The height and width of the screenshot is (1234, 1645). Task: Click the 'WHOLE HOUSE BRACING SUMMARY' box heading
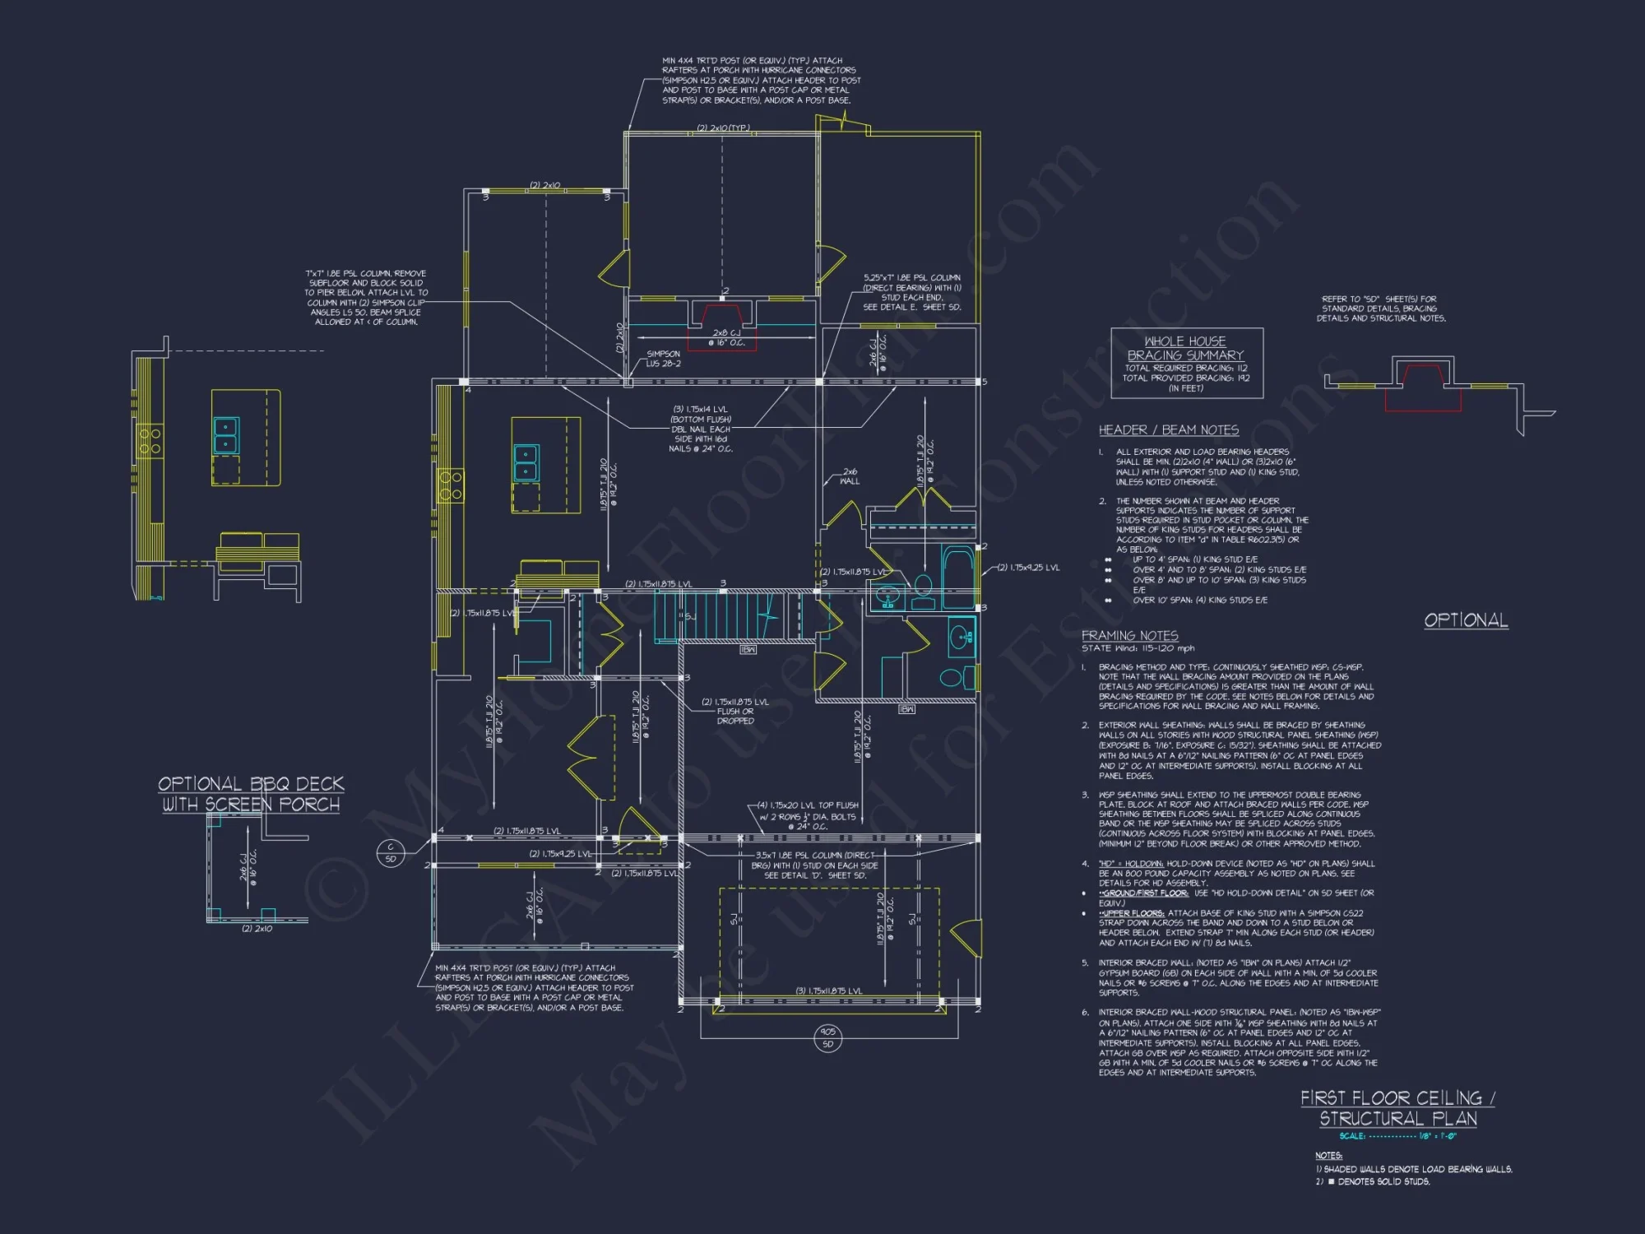[x=1185, y=348]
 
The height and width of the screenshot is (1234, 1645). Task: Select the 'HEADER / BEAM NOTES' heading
[x=1168, y=430]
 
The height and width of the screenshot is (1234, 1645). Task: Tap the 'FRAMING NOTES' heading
[x=1129, y=636]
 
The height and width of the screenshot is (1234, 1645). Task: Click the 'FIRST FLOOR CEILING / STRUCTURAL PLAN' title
[x=1398, y=1108]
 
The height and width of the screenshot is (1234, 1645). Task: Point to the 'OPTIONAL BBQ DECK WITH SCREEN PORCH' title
[x=251, y=794]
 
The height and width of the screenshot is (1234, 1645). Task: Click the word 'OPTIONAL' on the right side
[x=1466, y=620]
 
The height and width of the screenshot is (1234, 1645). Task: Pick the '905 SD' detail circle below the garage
[x=827, y=1037]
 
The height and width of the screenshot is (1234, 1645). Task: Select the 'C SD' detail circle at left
[x=391, y=852]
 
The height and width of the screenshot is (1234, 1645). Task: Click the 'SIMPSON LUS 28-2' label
[x=663, y=359]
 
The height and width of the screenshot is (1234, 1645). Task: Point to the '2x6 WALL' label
[x=850, y=476]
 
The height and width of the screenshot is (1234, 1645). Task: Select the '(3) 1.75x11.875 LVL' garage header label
[x=829, y=990]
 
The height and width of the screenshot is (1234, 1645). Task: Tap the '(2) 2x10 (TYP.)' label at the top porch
[x=723, y=128]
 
